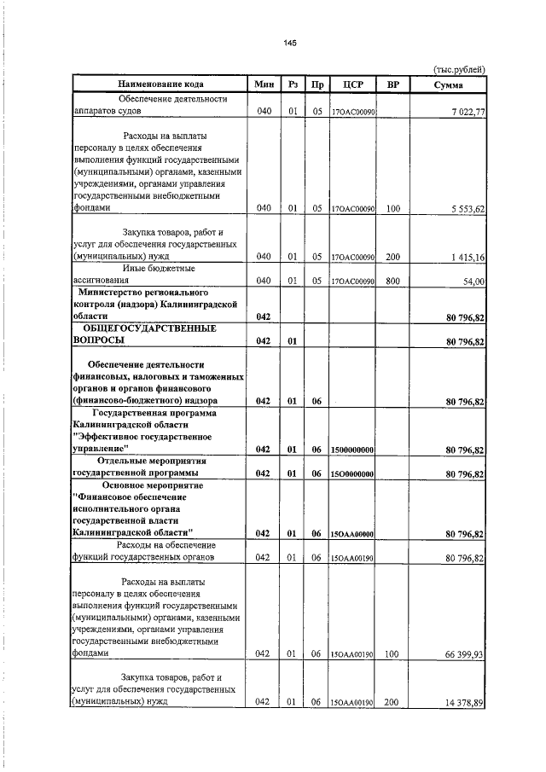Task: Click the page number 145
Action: point(290,44)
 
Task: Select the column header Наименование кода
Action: point(160,85)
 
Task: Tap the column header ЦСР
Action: point(352,85)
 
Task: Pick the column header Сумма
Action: point(448,85)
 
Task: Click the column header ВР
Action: point(393,85)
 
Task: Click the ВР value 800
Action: point(393,280)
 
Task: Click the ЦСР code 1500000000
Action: point(352,449)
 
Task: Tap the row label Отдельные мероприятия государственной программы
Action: point(145,467)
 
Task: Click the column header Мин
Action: point(263,85)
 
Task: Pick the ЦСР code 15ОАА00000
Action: point(352,534)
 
